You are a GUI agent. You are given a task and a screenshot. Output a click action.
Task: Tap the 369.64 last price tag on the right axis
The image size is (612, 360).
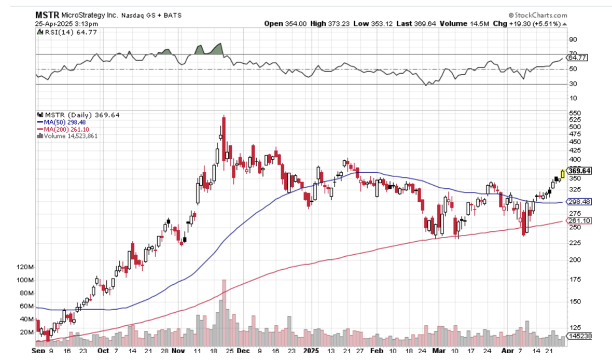click(580, 171)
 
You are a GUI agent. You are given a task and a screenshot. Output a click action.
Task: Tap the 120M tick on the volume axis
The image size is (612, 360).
click(25, 267)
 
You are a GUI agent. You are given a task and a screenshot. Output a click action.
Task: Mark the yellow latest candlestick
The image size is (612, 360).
click(563, 174)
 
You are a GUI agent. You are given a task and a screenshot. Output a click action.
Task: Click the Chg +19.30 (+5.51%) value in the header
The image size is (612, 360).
click(536, 23)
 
